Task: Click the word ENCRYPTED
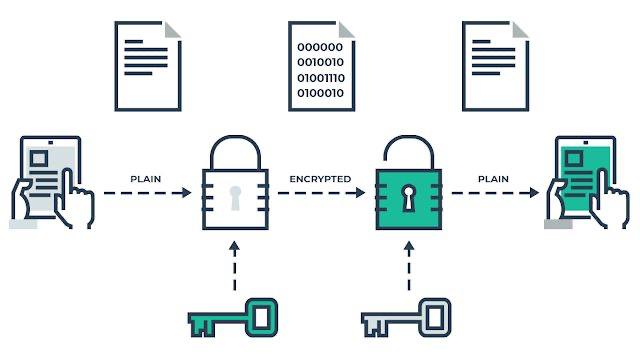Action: [x=320, y=179]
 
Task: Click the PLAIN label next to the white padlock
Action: [x=146, y=179]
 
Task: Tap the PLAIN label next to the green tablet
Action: [x=493, y=179]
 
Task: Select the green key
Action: [x=233, y=318]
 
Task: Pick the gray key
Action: [x=407, y=318]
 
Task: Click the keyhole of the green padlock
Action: [x=408, y=198]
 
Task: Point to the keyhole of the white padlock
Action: [x=235, y=198]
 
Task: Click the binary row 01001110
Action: [x=321, y=78]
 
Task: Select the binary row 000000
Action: [x=320, y=47]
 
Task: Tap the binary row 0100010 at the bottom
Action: [x=320, y=93]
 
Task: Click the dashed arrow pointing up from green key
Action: [x=234, y=266]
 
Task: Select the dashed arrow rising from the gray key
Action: [x=409, y=266]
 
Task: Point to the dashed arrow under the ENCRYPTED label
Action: [x=321, y=193]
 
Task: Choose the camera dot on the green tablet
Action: [x=585, y=142]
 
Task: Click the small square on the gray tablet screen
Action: [x=39, y=158]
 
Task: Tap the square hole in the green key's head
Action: [x=261, y=317]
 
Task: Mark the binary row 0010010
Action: [x=320, y=62]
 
